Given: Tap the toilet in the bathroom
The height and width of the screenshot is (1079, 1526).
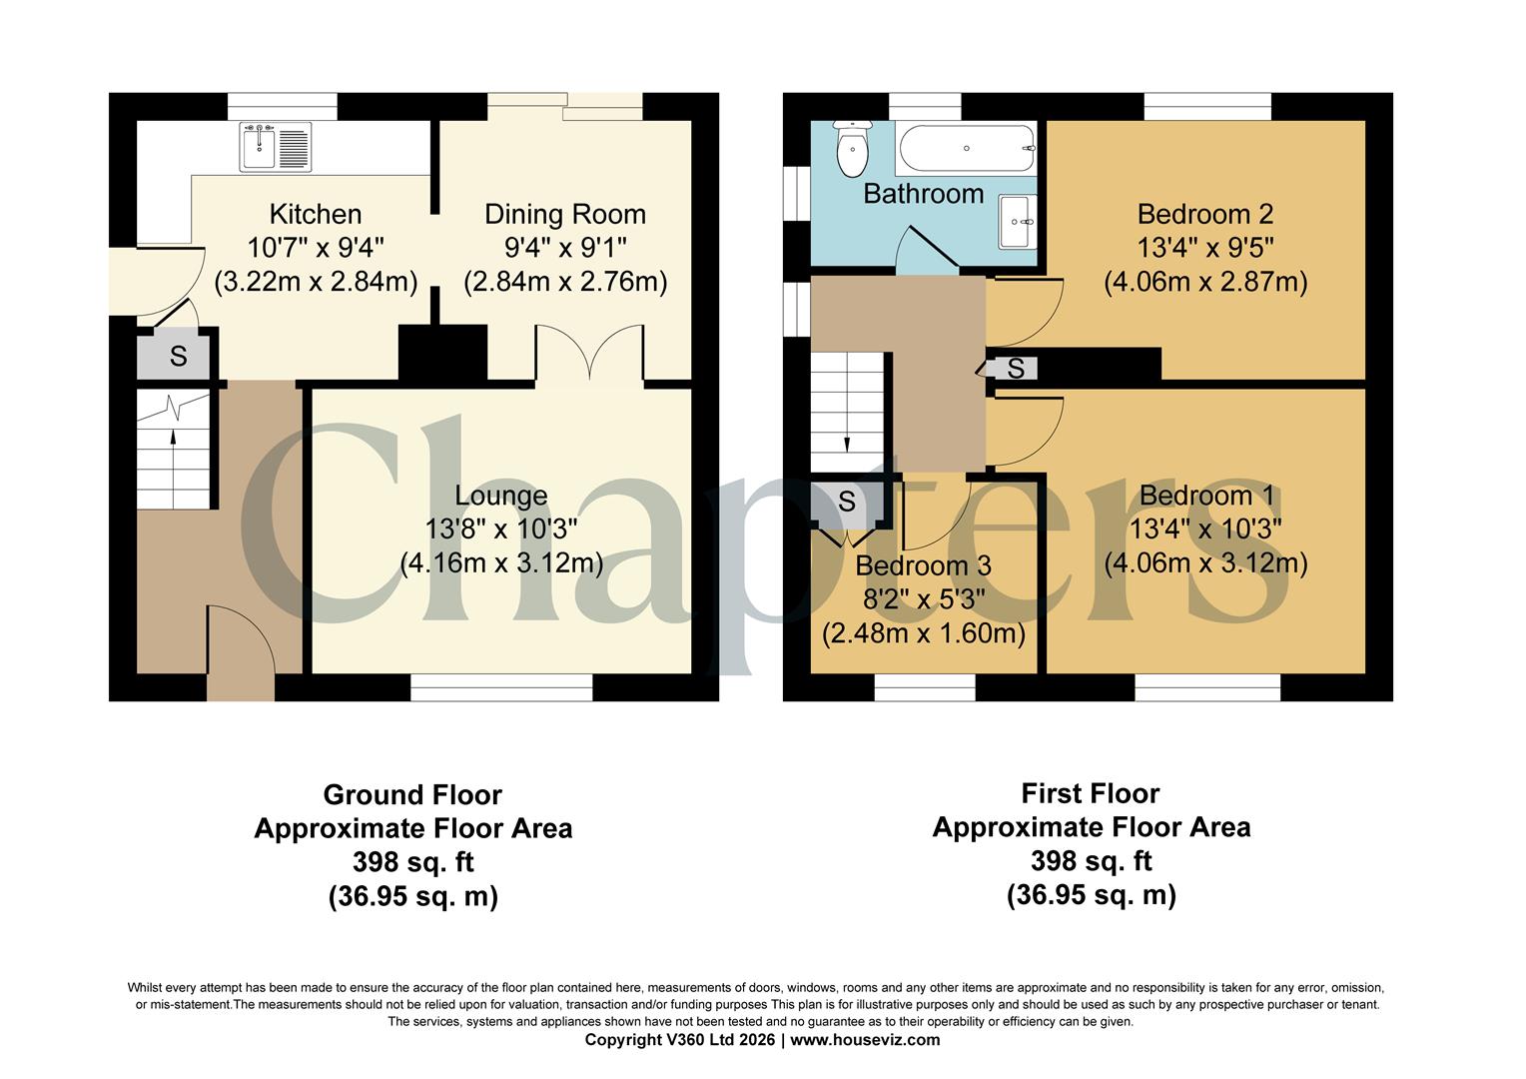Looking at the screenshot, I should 851,149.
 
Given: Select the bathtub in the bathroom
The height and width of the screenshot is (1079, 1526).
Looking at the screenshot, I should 967,149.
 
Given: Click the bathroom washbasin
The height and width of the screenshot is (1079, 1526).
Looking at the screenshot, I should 1018,221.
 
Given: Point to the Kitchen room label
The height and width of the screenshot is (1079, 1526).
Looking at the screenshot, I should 316,214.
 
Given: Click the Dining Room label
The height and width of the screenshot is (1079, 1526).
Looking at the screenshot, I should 565,214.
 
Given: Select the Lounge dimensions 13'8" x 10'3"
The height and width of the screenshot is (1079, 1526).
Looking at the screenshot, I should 501,529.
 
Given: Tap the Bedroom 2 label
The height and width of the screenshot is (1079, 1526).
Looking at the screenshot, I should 1205,214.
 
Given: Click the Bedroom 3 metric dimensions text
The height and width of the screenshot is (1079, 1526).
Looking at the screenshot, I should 923,633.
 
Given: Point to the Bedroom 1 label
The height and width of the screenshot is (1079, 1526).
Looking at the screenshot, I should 1206,496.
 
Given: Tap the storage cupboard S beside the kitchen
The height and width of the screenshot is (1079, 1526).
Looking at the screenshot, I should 178,357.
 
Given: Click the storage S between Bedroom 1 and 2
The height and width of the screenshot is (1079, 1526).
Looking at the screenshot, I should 1015,369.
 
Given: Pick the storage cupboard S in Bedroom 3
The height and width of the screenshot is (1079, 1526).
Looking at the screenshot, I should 846,502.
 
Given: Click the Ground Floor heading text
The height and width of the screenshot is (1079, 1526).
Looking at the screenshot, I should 412,795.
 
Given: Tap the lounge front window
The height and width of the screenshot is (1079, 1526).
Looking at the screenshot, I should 501,687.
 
